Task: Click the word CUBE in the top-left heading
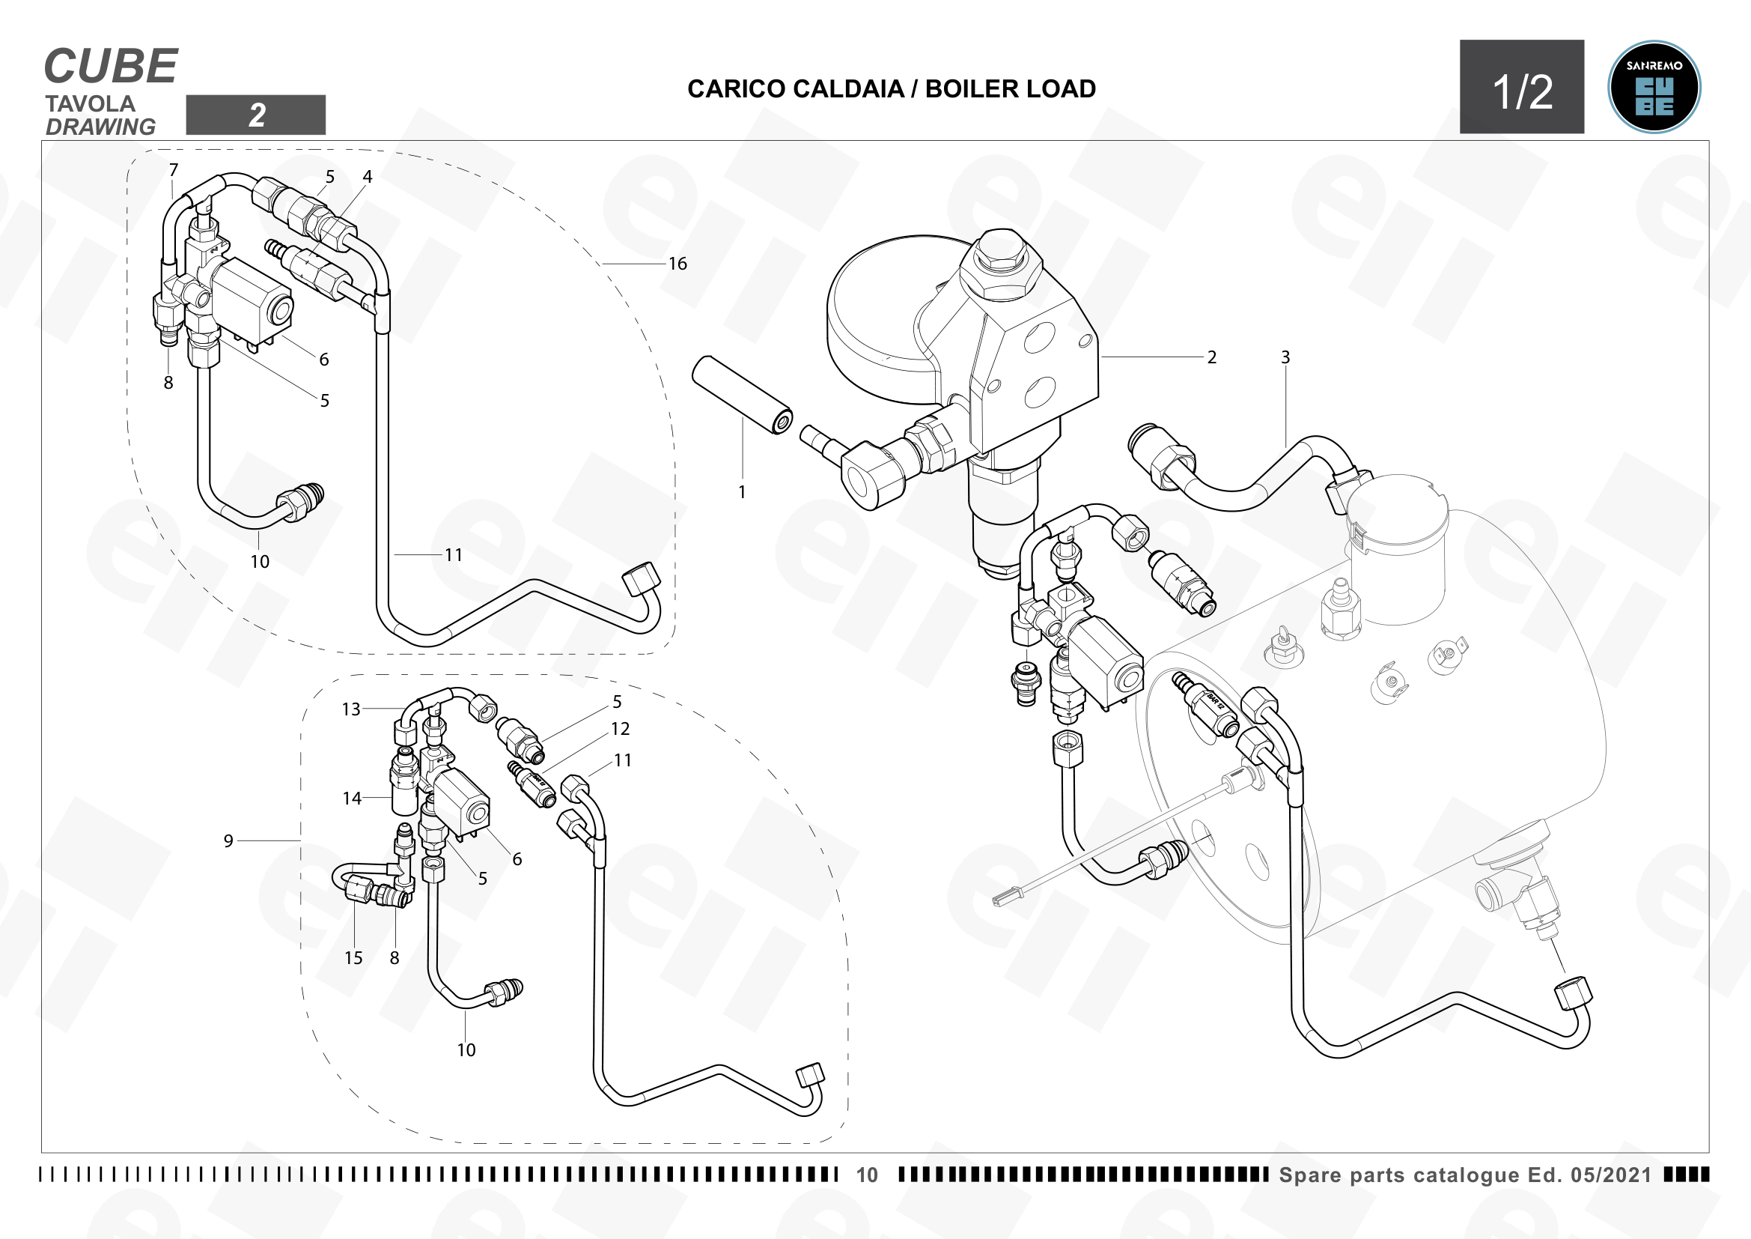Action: click(x=112, y=67)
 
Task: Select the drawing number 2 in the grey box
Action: click(x=256, y=115)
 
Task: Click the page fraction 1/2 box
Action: click(x=1521, y=87)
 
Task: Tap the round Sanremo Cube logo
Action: click(x=1654, y=87)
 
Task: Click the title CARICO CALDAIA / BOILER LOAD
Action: click(x=892, y=88)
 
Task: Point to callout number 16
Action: click(x=677, y=264)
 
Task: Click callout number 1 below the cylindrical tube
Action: click(x=742, y=492)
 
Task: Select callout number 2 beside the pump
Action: click(x=1212, y=357)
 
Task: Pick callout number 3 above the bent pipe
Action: click(x=1285, y=357)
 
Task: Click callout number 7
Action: click(x=174, y=169)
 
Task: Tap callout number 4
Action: click(x=367, y=176)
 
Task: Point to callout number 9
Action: click(x=228, y=840)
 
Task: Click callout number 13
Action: click(x=351, y=709)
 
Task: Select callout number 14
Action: click(x=352, y=799)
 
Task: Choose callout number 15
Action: click(x=353, y=958)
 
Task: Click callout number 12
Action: click(x=620, y=730)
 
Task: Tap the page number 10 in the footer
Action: click(x=867, y=1175)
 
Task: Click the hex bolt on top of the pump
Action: click(x=1000, y=263)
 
